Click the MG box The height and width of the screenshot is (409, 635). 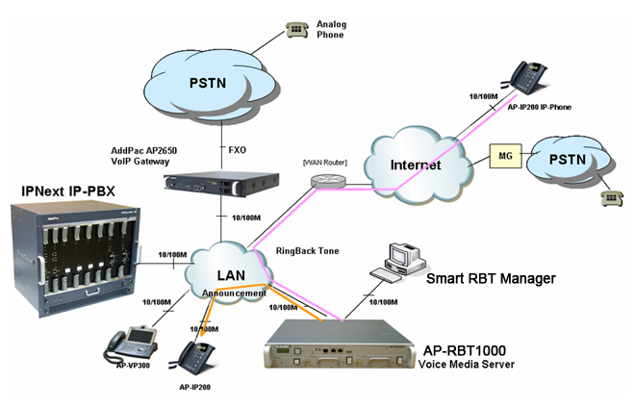point(505,155)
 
